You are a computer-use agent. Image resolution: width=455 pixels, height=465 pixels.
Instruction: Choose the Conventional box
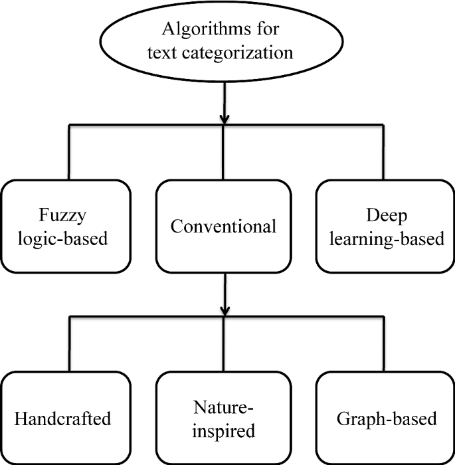tap(223, 226)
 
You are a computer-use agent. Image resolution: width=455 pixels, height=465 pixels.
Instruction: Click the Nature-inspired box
tap(223, 418)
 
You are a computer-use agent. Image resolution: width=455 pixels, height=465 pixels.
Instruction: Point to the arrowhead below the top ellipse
tap(224, 118)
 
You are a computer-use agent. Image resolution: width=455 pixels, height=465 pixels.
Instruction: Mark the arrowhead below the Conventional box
tap(224, 310)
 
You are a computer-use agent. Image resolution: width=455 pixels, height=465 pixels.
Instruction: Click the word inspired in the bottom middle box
tap(223, 430)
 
